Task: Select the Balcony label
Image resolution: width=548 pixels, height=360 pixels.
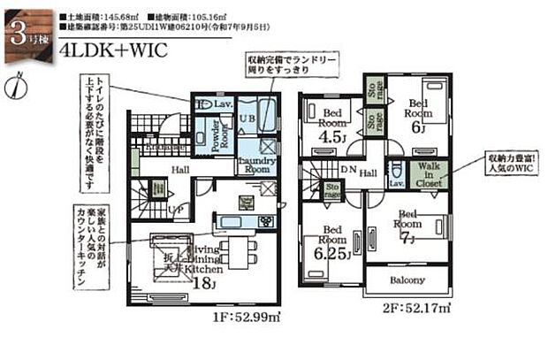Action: click(x=407, y=280)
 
